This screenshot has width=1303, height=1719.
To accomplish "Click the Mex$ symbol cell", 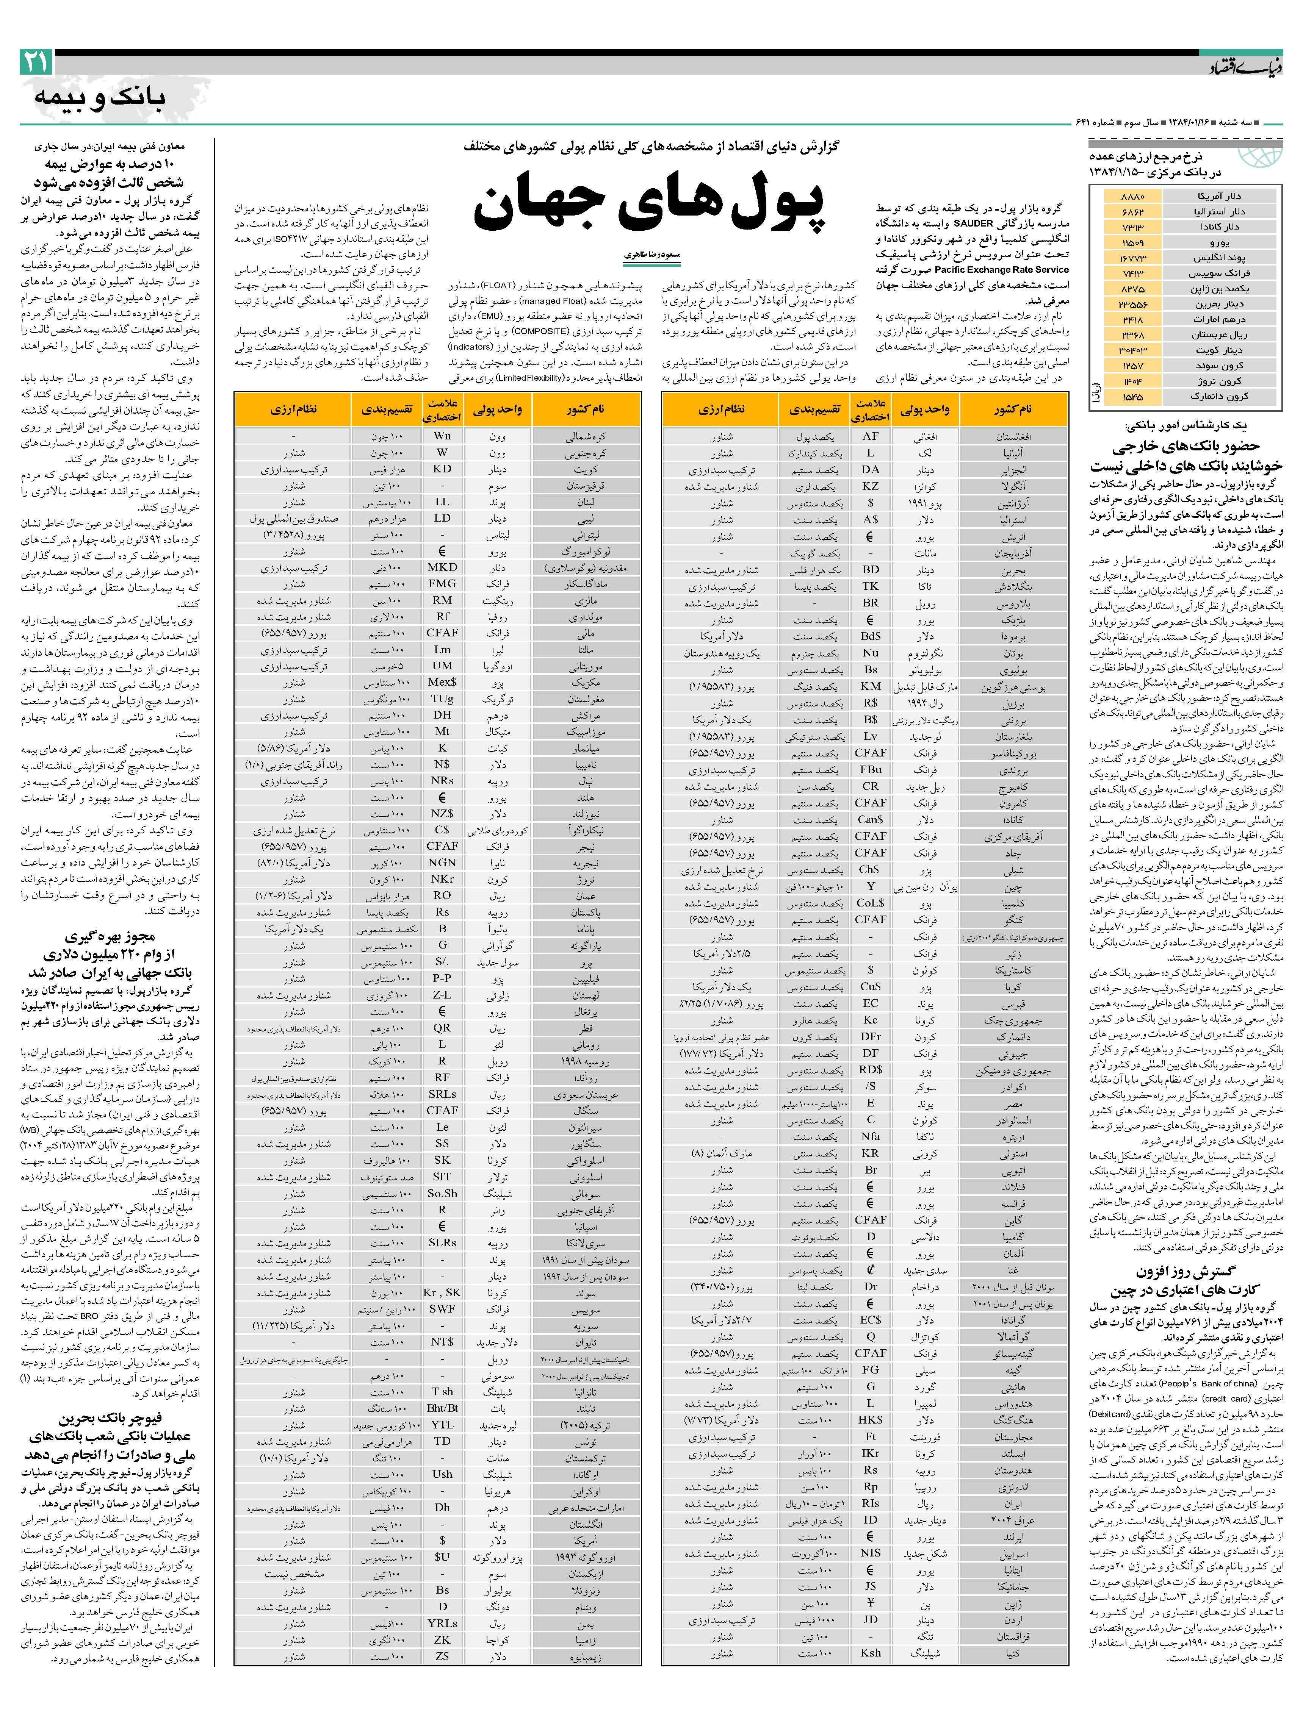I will [x=442, y=681].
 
